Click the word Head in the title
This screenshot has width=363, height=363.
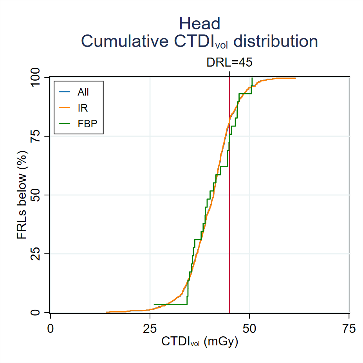tap(200, 24)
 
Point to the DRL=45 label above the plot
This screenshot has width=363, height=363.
tap(229, 63)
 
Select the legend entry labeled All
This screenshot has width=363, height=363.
tap(83, 92)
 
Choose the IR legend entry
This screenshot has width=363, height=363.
tap(82, 108)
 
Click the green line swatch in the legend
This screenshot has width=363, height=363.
tap(65, 123)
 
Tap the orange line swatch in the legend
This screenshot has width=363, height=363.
tap(65, 108)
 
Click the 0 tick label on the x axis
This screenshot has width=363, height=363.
tap(50, 328)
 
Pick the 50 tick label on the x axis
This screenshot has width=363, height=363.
tap(249, 328)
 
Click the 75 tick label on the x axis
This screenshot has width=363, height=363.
tap(349, 328)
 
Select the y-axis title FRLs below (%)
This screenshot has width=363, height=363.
tap(22, 195)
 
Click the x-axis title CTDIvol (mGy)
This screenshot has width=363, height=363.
tap(200, 342)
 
